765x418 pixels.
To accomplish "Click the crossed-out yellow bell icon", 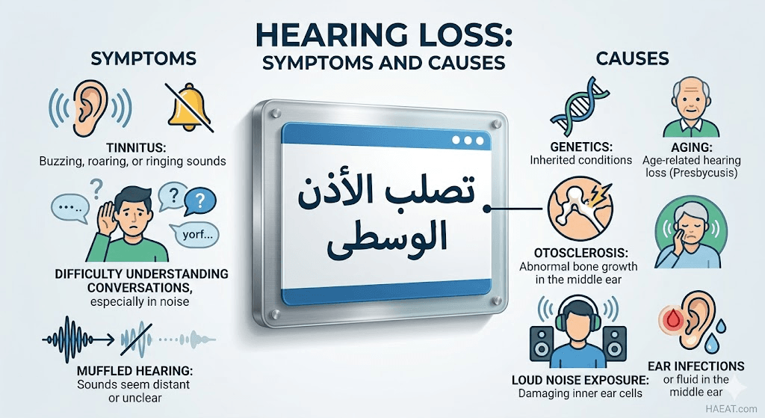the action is click(189, 108).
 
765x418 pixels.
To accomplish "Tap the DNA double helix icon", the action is click(579, 106).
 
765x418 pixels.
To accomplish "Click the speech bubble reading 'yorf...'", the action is click(193, 235).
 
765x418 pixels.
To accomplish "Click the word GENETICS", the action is click(581, 147).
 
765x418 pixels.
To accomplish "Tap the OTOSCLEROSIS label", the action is click(581, 253).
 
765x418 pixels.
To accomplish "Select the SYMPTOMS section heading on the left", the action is click(143, 58).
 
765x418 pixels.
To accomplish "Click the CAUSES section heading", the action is click(632, 58).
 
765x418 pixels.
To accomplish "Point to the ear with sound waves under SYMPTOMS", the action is click(90, 108).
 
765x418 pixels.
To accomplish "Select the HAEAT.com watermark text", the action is click(733, 408).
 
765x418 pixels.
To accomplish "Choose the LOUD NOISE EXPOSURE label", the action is click(580, 380).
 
